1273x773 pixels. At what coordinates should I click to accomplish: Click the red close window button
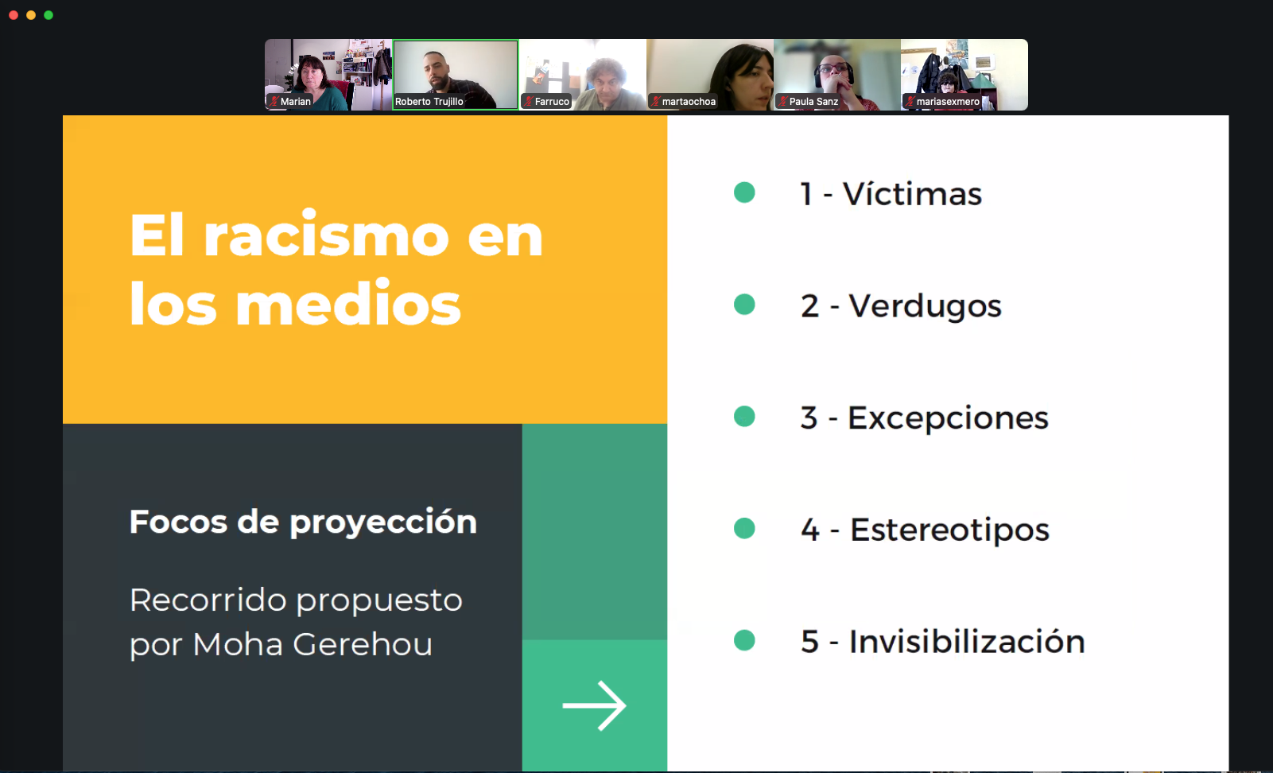14,15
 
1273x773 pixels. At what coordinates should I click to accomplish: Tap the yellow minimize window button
31,15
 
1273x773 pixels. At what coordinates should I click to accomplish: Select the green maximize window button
49,15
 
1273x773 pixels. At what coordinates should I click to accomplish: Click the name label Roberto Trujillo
429,101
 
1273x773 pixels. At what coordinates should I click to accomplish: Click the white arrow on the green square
595,705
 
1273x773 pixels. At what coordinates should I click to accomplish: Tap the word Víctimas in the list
912,194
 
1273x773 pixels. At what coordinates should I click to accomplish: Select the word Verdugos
925,306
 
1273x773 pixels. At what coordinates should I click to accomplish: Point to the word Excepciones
948,418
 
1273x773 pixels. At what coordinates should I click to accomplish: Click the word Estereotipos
949,530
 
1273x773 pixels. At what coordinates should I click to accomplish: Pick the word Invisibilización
967,641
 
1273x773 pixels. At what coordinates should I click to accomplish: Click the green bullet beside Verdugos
744,305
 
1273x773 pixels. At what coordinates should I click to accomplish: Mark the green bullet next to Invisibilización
744,640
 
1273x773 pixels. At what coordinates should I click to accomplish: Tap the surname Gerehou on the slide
363,644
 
